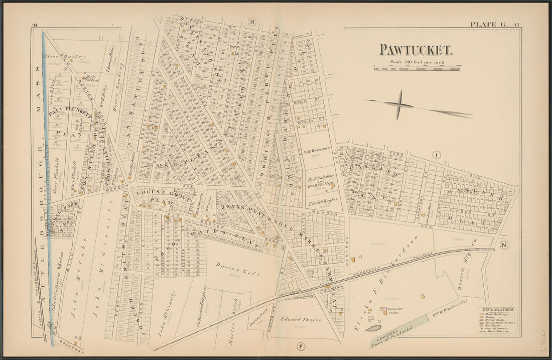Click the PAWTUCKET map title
tap(416, 50)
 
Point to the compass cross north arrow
tap(400, 105)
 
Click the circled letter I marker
tap(437, 156)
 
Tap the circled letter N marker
tap(504, 245)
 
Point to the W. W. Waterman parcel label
tap(317, 149)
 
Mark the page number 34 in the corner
tap(35, 25)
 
